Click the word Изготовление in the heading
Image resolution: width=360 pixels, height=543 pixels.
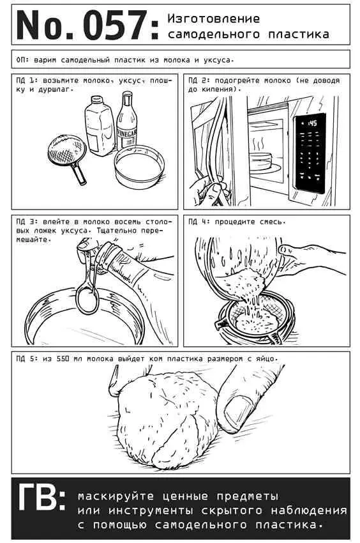tap(214, 19)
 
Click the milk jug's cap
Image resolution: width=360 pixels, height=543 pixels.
tap(97, 100)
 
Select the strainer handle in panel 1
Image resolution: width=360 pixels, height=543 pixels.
tap(79, 173)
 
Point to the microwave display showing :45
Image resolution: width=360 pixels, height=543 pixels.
tap(310, 123)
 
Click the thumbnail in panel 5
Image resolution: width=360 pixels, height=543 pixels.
tap(238, 412)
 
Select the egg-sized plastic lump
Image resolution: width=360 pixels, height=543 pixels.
tap(166, 419)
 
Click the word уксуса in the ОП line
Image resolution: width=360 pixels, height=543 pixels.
tap(219, 60)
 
